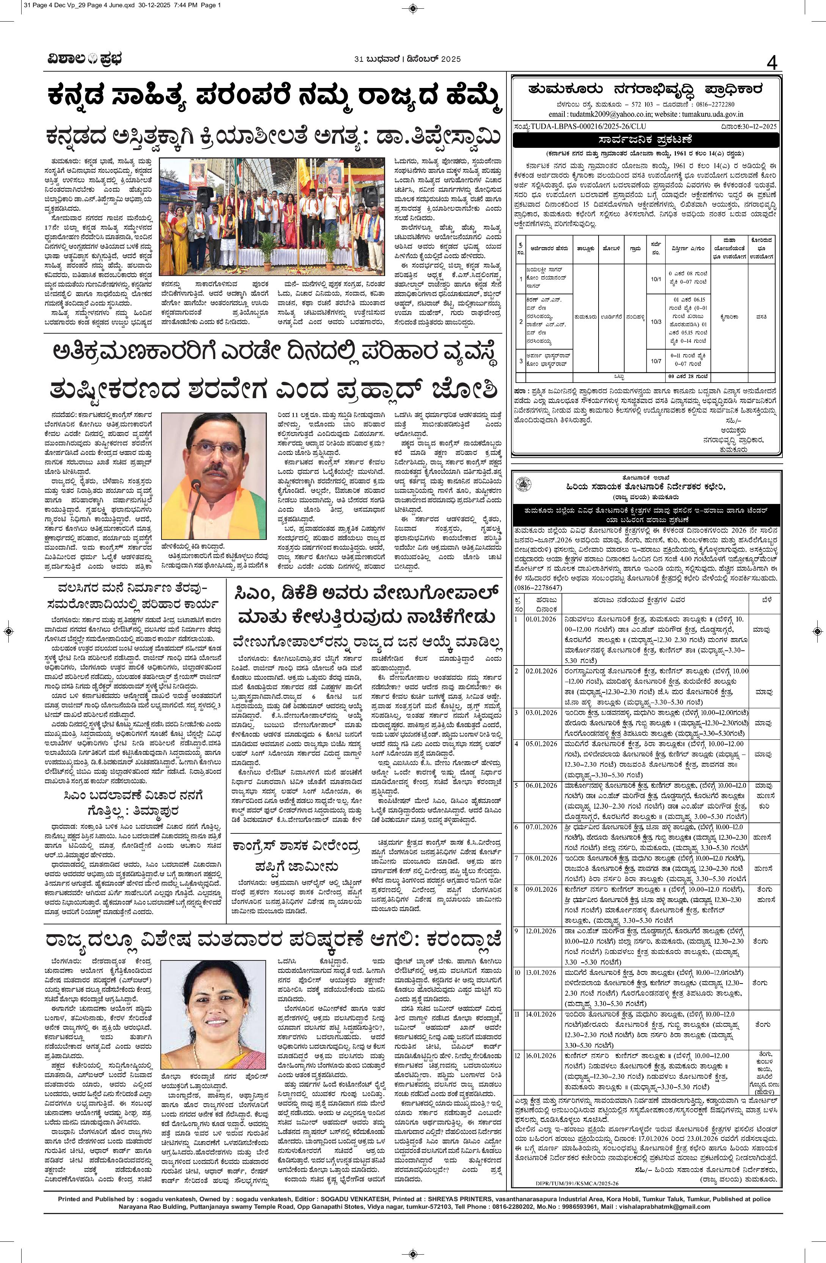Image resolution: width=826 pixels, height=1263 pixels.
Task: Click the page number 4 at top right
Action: pos(771,64)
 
